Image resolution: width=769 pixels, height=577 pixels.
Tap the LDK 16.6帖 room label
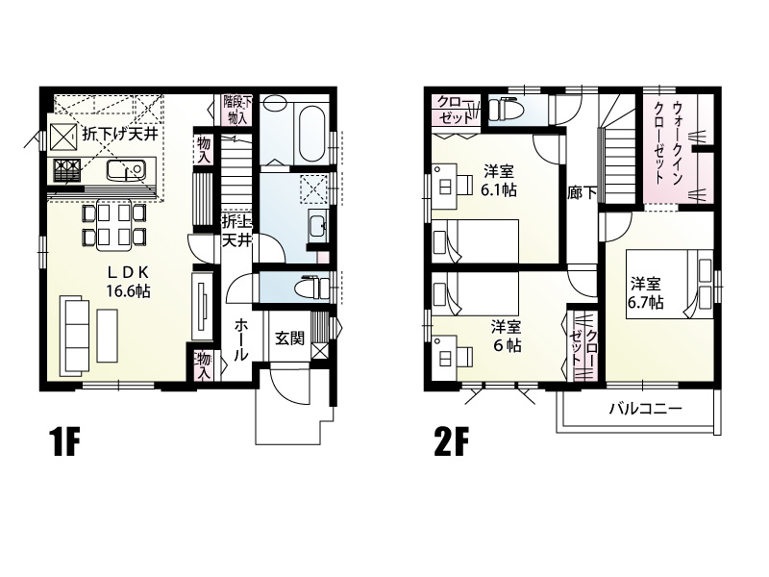(x=129, y=282)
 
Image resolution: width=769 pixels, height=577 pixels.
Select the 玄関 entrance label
(x=289, y=339)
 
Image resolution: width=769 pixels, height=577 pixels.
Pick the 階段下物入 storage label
(x=236, y=109)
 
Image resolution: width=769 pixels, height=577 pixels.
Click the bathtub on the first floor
(x=311, y=132)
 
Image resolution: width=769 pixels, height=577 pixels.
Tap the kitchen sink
(x=126, y=170)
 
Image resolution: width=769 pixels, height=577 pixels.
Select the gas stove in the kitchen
(x=66, y=170)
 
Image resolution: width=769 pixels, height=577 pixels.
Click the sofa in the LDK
(x=76, y=336)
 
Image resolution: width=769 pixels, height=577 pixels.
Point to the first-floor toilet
(x=314, y=287)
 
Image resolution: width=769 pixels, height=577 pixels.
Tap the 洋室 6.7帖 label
(x=645, y=292)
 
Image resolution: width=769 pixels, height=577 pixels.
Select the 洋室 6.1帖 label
(x=498, y=181)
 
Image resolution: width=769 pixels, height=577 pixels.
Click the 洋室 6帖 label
(x=507, y=336)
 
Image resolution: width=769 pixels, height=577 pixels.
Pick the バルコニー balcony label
(x=645, y=409)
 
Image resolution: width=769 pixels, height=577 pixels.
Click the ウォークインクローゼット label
(x=668, y=141)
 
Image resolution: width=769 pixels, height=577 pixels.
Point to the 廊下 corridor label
(x=583, y=193)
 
